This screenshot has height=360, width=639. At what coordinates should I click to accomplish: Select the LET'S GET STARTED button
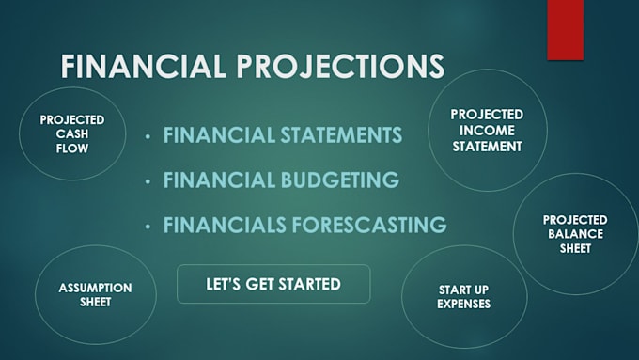tap(273, 283)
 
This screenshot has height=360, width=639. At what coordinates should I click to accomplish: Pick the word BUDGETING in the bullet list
tap(337, 180)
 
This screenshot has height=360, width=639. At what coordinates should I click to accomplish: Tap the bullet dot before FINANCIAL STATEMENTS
tap(148, 137)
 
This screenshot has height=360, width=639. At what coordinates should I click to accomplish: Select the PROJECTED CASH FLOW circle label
tap(72, 133)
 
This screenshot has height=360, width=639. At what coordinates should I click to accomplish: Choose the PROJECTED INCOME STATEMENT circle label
tap(488, 130)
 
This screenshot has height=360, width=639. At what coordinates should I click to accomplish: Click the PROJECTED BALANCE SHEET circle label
tap(575, 233)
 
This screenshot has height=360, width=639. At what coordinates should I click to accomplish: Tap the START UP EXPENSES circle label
tap(463, 296)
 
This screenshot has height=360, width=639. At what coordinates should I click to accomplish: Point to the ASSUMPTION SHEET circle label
tap(95, 294)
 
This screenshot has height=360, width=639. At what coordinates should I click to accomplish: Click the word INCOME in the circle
tap(488, 130)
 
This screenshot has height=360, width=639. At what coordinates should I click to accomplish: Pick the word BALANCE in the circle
tap(575, 233)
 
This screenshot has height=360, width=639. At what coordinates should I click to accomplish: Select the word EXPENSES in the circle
tap(463, 304)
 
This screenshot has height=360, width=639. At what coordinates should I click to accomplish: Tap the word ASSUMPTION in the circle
tap(95, 287)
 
